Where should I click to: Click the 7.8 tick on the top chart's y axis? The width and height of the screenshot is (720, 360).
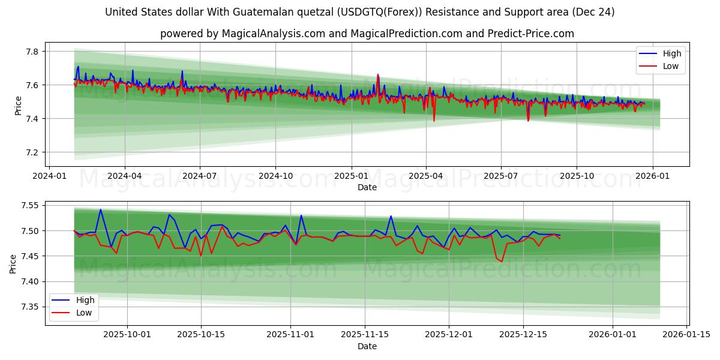tap(31, 52)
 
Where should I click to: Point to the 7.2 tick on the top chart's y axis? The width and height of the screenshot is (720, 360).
tap(31, 152)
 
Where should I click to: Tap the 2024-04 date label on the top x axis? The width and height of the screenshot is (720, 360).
tap(124, 176)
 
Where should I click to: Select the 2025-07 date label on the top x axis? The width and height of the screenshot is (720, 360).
tap(501, 176)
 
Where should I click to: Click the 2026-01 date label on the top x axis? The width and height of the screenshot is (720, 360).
tap(652, 176)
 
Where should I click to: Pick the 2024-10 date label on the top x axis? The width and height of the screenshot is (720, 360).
tap(275, 176)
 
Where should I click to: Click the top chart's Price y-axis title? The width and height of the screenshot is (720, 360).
tap(18, 106)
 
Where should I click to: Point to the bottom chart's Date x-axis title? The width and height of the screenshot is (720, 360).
tap(367, 346)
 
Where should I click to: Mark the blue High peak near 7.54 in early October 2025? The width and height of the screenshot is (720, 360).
tap(100, 209)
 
